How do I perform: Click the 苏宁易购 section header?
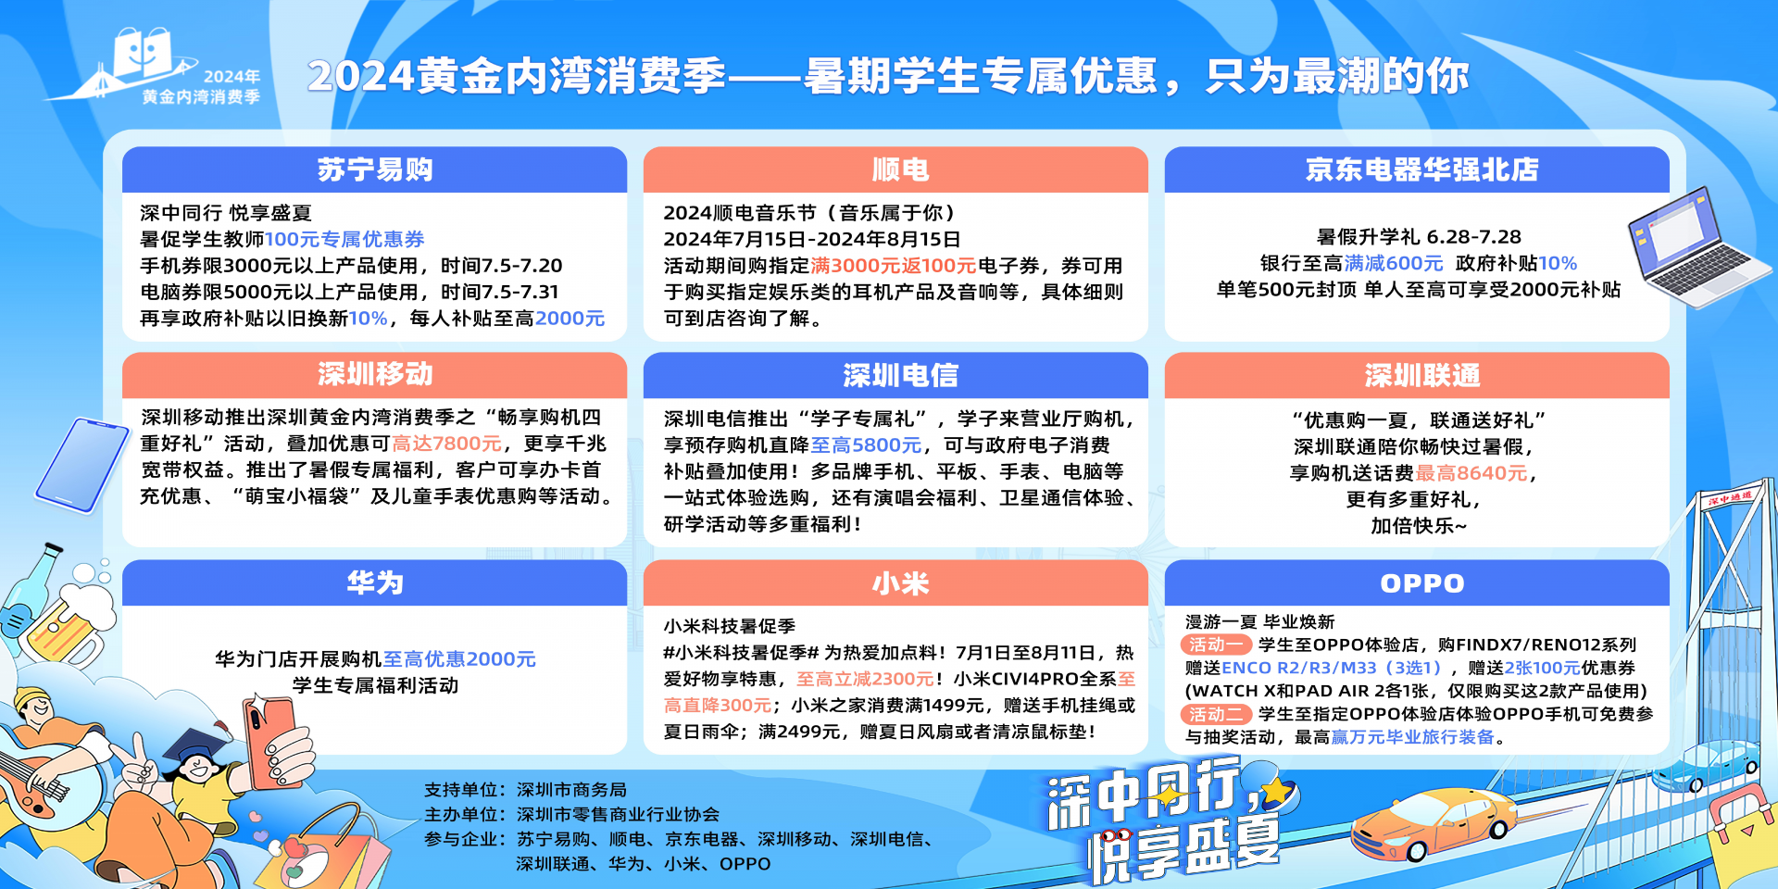375,169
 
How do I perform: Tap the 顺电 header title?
900,169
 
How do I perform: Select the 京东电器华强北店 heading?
1421,169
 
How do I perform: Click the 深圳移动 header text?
375,374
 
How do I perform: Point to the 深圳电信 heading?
900,375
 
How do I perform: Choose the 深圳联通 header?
1421,375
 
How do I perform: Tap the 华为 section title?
375,582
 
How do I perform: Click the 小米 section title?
900,583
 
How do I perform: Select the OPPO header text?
1421,583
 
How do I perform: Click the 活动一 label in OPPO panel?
1216,645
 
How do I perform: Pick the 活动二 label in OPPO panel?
1216,714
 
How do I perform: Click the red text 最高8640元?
1471,473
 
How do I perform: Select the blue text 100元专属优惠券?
344,239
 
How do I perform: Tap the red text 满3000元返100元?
893,266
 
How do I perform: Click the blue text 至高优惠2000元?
459,659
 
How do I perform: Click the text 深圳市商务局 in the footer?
571,790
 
